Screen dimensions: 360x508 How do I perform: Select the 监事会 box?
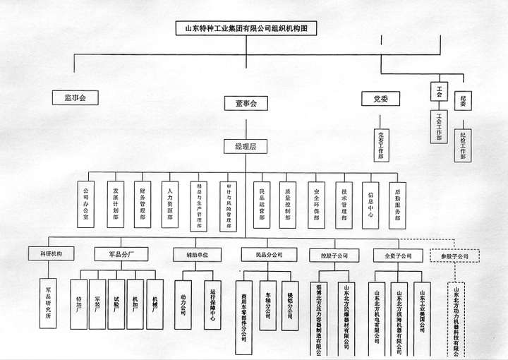point(75,97)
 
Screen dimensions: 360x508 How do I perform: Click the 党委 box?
point(381,99)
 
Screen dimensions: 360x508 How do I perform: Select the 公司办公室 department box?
point(87,205)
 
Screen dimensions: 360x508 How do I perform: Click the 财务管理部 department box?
point(143,205)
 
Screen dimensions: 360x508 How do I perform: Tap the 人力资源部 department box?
point(170,205)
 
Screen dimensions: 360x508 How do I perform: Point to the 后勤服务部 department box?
point(398,205)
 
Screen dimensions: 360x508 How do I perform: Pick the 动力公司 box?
point(183,304)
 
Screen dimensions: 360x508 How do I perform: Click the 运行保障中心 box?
point(212,304)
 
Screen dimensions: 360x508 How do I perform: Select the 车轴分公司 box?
point(268,305)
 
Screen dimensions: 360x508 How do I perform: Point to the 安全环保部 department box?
point(315,205)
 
